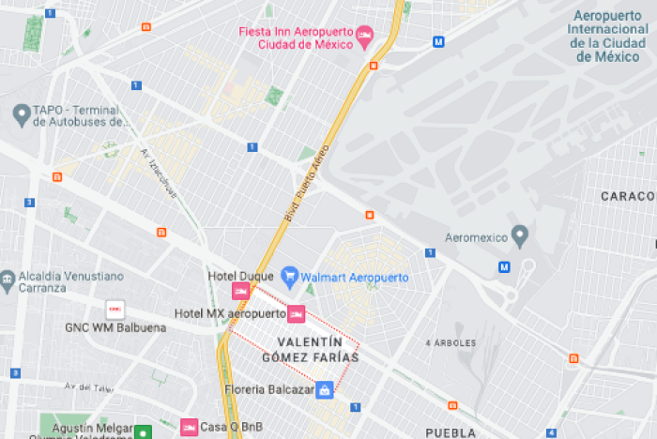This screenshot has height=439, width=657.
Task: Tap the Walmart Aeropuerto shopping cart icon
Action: click(291, 277)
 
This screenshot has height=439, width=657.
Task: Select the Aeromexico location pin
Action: click(520, 234)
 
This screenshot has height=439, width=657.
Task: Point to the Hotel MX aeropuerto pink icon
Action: click(296, 312)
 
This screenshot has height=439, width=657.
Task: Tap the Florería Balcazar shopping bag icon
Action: click(324, 389)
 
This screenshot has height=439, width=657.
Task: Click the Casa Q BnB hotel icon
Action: click(189, 428)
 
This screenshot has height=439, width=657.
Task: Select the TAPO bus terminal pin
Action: click(21, 114)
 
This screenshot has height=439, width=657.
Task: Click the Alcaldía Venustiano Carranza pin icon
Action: click(8, 280)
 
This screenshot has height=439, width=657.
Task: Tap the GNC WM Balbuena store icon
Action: click(115, 309)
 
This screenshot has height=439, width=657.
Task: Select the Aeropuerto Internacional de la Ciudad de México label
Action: click(607, 36)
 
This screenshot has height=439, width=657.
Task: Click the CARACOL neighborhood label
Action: click(628, 196)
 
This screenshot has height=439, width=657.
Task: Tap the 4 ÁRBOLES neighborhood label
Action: click(451, 342)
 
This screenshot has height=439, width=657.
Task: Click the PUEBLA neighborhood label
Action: click(451, 432)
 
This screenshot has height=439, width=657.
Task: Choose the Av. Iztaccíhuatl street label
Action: click(159, 172)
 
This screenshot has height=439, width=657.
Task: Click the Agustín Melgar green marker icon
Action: click(142, 432)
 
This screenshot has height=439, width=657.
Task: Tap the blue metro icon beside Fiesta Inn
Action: click(438, 41)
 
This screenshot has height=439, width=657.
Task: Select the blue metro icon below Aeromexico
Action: click(504, 267)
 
